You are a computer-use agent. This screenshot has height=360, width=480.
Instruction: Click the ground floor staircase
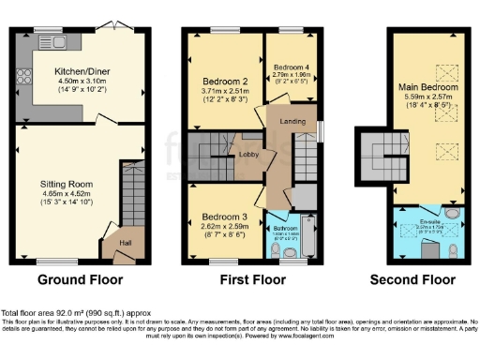point(128,196)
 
